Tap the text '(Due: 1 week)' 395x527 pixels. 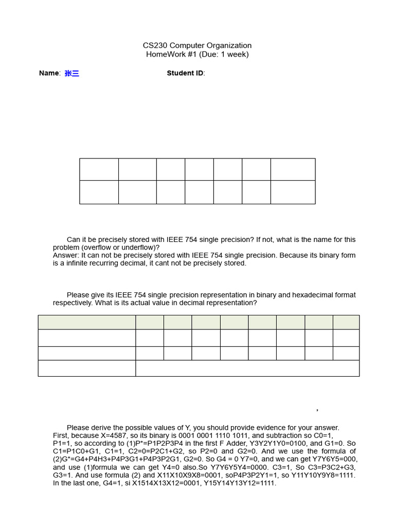point(226,55)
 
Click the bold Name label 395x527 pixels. point(49,73)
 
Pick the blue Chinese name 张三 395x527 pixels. point(72,74)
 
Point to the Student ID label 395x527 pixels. point(185,73)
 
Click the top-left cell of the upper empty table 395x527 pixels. point(99,169)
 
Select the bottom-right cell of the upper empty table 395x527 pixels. point(293,192)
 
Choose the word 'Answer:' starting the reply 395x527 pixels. point(66,255)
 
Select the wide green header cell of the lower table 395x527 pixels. point(86,322)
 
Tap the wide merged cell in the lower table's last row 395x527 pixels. point(247,368)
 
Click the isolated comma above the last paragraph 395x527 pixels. point(317,410)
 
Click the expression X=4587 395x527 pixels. point(118,435)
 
